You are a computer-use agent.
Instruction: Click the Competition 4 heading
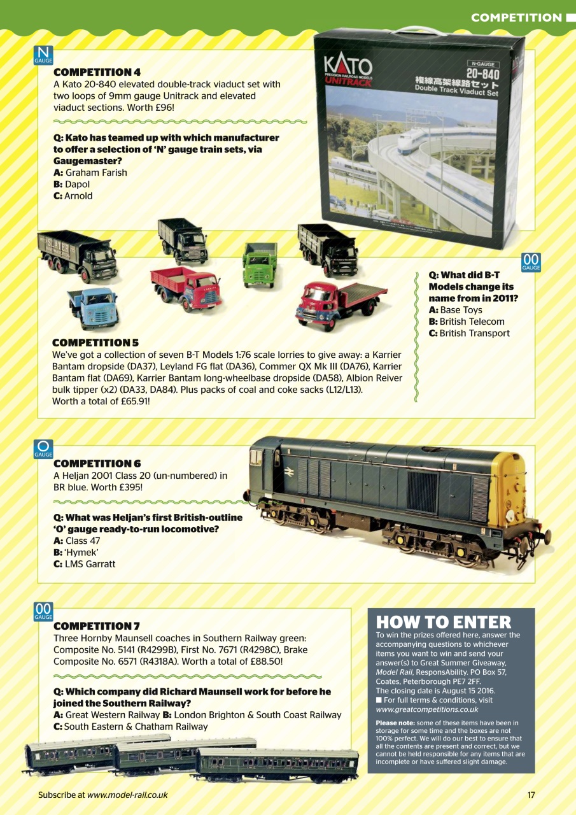click(x=97, y=72)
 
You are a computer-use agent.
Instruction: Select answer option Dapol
click(x=77, y=184)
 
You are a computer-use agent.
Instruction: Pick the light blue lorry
click(x=94, y=307)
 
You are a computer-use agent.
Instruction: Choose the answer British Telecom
click(x=472, y=322)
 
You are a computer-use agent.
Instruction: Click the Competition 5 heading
click(x=95, y=343)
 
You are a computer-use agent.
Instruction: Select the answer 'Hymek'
click(x=81, y=552)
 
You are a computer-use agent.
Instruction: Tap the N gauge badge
click(x=43, y=55)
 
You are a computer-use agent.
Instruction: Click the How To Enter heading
click(x=444, y=621)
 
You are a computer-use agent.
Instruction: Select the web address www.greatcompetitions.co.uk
click(x=427, y=709)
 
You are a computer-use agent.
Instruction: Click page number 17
click(x=531, y=795)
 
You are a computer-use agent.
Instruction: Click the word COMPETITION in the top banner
click(x=516, y=18)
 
